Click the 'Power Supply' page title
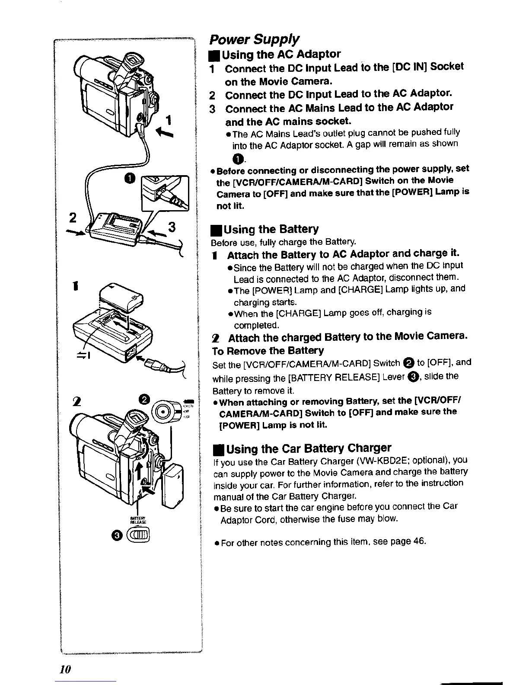point(254,39)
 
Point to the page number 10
point(65,669)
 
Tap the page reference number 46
point(419,541)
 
